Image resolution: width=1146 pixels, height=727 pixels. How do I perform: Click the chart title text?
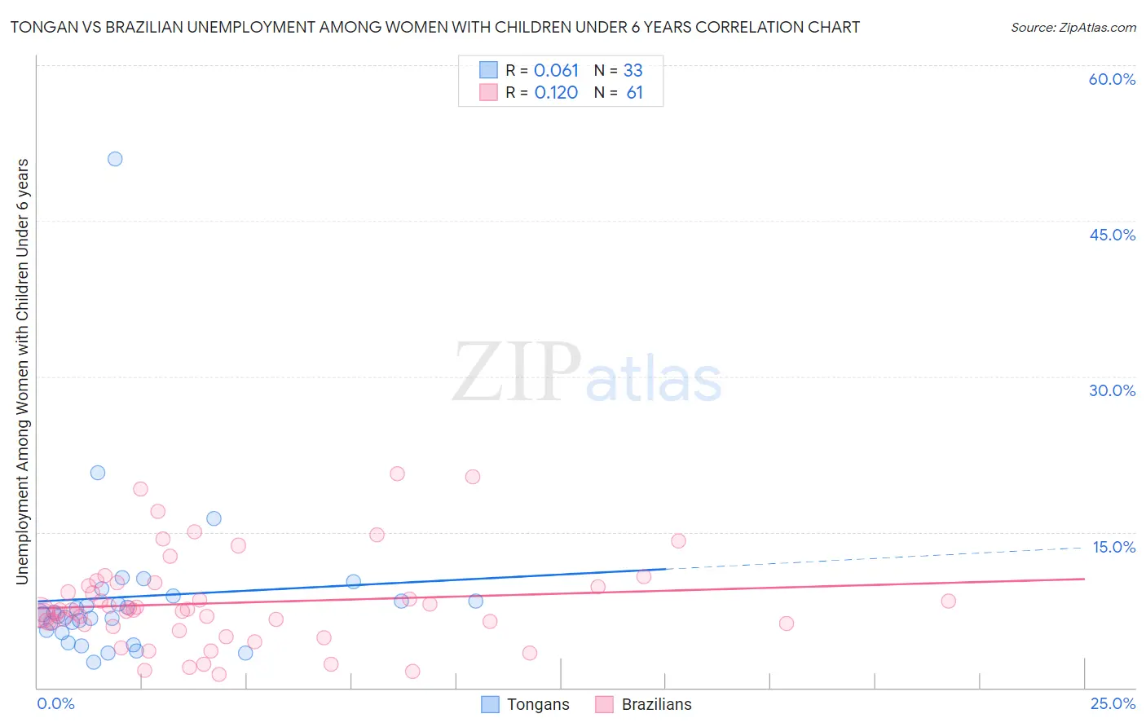point(434,27)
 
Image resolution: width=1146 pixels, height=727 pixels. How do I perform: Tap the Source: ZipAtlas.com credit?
point(1073,27)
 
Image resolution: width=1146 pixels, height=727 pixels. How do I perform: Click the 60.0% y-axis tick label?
point(1112,79)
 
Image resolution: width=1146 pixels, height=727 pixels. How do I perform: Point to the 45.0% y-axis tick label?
point(1112,235)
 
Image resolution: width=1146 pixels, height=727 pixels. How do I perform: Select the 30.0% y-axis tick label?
point(1112,390)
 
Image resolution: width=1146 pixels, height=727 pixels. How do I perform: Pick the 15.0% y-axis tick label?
point(1113,547)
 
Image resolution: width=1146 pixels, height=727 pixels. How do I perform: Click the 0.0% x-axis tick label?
point(55,704)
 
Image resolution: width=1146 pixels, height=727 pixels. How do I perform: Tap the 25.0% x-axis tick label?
point(1113,704)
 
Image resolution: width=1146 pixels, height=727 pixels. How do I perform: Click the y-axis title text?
point(23,372)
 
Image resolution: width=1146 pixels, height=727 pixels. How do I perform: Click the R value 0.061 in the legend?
point(556,71)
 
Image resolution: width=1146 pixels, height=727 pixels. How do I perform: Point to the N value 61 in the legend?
point(635,93)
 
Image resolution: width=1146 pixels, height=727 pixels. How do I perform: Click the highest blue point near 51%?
point(115,159)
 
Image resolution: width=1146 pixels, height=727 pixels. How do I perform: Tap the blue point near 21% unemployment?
point(98,473)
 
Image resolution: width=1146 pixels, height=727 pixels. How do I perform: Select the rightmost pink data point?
point(948,601)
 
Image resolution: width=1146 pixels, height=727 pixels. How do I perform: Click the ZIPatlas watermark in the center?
point(587,373)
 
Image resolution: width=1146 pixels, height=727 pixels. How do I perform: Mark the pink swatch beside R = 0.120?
point(488,93)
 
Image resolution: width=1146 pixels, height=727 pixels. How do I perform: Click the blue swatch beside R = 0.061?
point(488,71)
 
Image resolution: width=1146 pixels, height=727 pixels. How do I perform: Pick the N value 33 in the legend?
point(633,71)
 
